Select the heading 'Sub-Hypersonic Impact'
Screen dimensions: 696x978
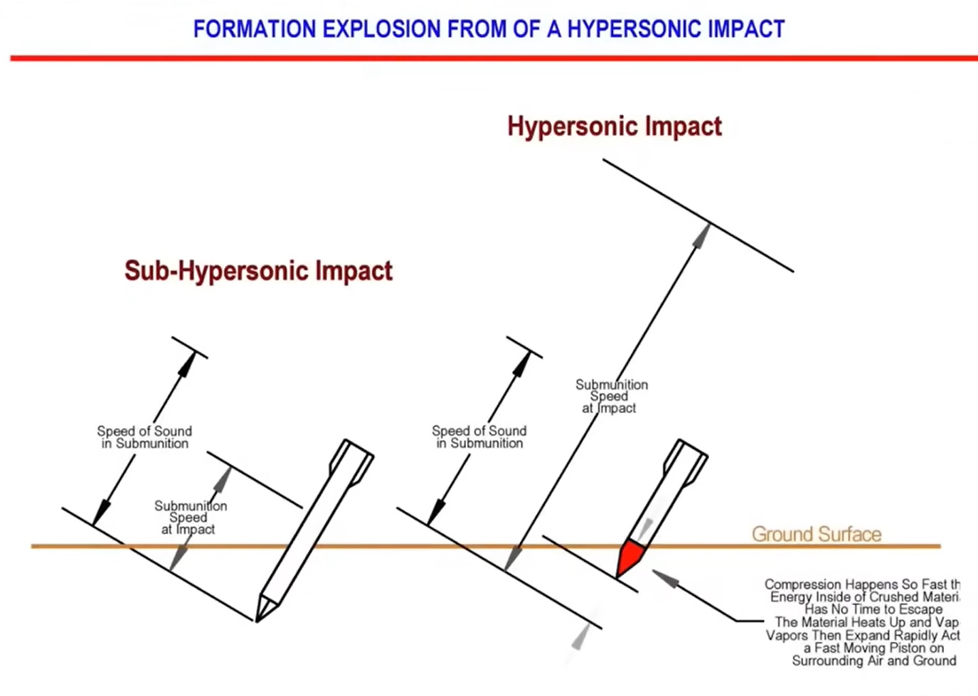pyautogui.click(x=258, y=271)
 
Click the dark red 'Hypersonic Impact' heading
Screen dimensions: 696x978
pyautogui.click(x=615, y=127)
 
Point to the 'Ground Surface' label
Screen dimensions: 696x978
pyautogui.click(x=817, y=534)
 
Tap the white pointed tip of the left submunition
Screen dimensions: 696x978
pyautogui.click(x=265, y=608)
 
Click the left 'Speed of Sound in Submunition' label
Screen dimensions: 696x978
pyautogui.click(x=144, y=437)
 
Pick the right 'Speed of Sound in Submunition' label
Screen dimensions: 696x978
pyautogui.click(x=479, y=437)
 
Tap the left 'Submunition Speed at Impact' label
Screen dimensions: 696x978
pyautogui.click(x=190, y=518)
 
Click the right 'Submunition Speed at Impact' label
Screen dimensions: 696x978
pyautogui.click(x=610, y=396)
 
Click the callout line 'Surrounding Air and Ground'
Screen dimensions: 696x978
pyautogui.click(x=874, y=660)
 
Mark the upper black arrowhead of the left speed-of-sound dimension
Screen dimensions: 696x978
pyautogui.click(x=186, y=363)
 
